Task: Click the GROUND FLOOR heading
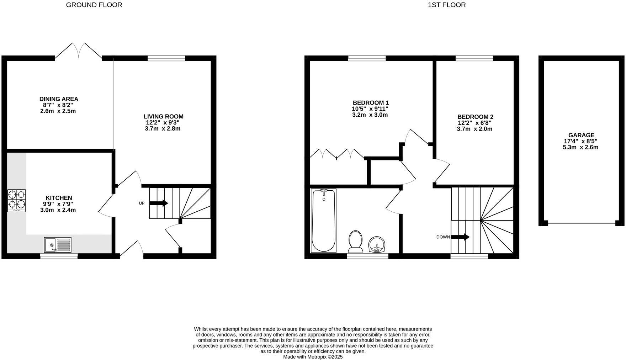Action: coord(94,5)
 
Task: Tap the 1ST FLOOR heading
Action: coord(447,5)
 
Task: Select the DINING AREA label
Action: coord(59,99)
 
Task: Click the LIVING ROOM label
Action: coord(163,116)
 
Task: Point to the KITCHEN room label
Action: coord(59,198)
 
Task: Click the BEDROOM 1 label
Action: coord(370,103)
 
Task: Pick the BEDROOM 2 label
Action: coord(475,117)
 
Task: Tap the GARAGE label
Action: coord(581,135)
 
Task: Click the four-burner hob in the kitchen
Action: coord(16,201)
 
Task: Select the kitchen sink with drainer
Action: coord(58,245)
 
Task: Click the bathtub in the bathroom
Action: coord(323,221)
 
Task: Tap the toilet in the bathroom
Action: coord(355,241)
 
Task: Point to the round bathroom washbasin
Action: coord(377,244)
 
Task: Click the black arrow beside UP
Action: coord(159,203)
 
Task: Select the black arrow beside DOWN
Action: coord(461,237)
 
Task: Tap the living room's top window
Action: coord(166,58)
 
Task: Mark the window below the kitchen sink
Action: coord(59,256)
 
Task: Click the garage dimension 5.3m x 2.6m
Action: coord(580,147)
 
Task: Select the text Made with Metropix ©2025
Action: coord(313,356)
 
